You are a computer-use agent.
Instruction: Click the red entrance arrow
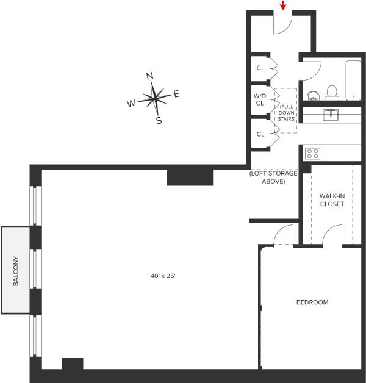click(x=283, y=5)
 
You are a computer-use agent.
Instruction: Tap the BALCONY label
click(x=16, y=271)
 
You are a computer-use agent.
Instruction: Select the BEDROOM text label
click(x=312, y=302)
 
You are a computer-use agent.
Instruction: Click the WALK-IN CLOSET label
click(x=332, y=200)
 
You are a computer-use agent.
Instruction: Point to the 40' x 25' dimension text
click(x=163, y=276)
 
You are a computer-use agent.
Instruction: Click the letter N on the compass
click(x=149, y=76)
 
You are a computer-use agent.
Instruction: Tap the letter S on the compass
click(x=159, y=120)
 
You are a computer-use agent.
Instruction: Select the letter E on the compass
click(x=177, y=94)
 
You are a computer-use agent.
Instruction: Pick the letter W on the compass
click(x=131, y=104)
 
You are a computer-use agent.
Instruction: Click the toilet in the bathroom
click(x=332, y=92)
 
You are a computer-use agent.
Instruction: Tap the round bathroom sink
click(x=313, y=96)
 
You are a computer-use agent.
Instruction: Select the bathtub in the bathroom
click(x=354, y=80)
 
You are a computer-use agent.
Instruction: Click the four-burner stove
click(x=312, y=153)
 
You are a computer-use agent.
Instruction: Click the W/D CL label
click(x=260, y=99)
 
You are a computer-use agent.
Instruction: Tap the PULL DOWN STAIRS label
click(x=286, y=112)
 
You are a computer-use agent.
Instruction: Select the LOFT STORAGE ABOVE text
click(x=273, y=177)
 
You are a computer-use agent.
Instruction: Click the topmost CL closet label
click(x=260, y=68)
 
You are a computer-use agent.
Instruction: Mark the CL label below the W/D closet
click(x=260, y=134)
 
